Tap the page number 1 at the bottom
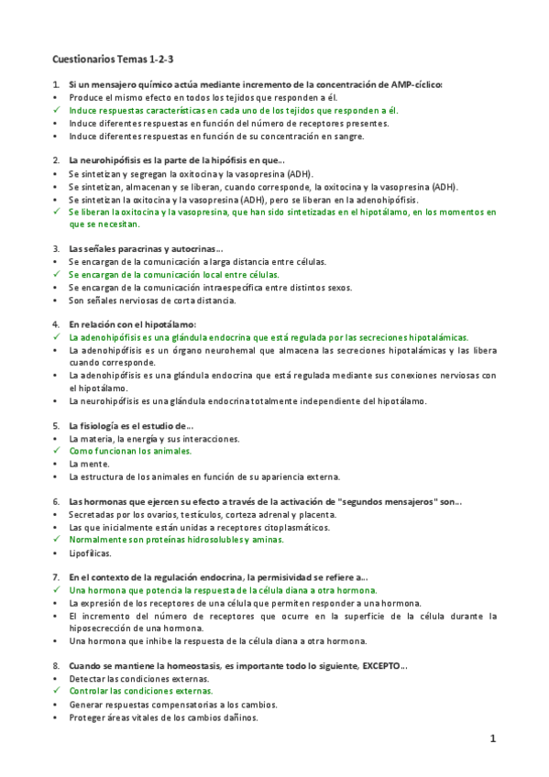492,739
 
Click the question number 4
56,324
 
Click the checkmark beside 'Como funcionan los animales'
56,451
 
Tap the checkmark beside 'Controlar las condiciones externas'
56,692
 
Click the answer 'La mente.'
89,464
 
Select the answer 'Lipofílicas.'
90,553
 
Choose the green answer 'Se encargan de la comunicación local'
174,274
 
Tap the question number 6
56,502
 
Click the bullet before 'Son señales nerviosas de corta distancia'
56,300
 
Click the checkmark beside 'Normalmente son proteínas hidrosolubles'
56,540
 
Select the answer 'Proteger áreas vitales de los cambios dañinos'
163,717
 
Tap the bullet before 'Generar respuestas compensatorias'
56,705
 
